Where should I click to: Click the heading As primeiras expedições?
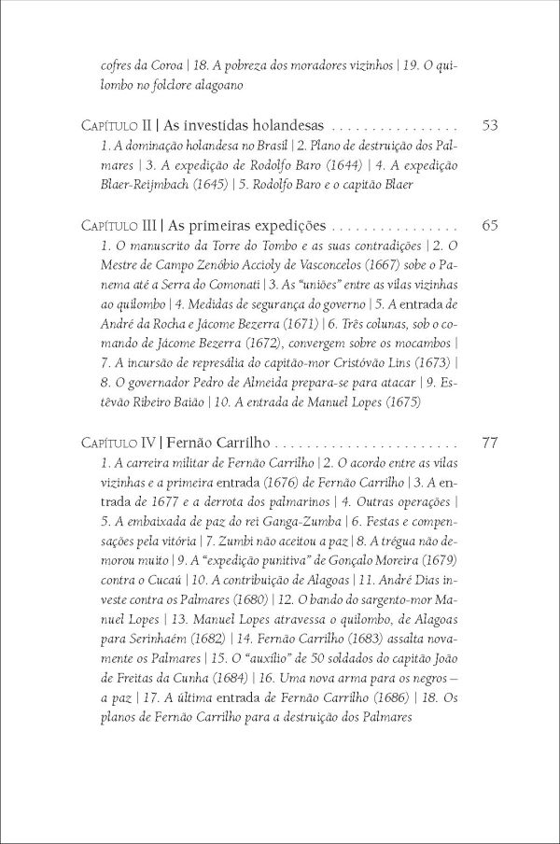coord(245,226)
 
